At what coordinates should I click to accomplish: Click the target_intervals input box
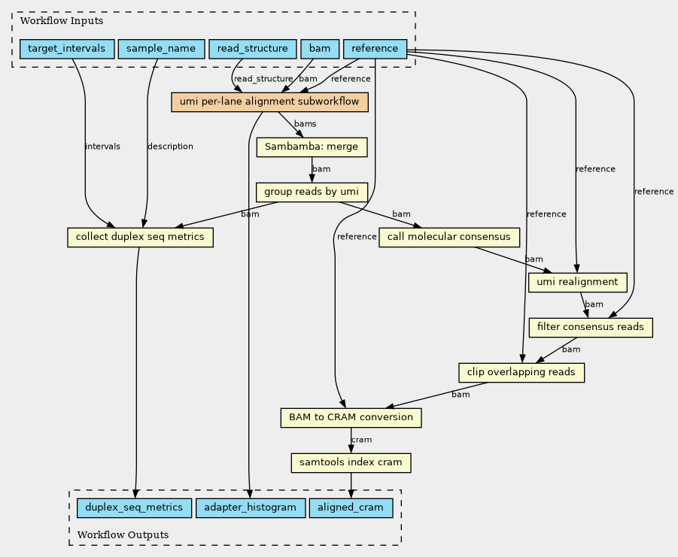coord(67,49)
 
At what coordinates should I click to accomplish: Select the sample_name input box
coord(161,49)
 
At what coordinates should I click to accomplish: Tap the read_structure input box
coord(253,49)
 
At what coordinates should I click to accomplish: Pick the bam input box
coord(320,49)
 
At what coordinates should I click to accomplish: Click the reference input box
coord(375,49)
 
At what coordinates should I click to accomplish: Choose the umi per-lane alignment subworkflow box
coord(270,102)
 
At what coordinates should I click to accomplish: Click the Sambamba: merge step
coord(312,147)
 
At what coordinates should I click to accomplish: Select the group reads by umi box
coord(312,192)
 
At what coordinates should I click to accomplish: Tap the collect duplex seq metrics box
coord(140,238)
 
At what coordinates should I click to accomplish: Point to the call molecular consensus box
coord(449,238)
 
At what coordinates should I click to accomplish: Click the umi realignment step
coord(578,283)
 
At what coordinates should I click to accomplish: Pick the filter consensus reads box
coord(591,328)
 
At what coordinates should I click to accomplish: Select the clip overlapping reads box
coord(521,373)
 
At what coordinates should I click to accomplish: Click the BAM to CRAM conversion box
coord(351,418)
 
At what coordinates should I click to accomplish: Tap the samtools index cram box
coord(351,463)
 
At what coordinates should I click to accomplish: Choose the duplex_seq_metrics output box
coord(134,508)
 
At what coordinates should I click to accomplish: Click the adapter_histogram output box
coord(251,508)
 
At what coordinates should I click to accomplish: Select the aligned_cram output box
coord(351,508)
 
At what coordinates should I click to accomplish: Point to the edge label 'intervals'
coord(103,147)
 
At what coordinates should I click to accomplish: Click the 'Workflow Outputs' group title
coord(123,535)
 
